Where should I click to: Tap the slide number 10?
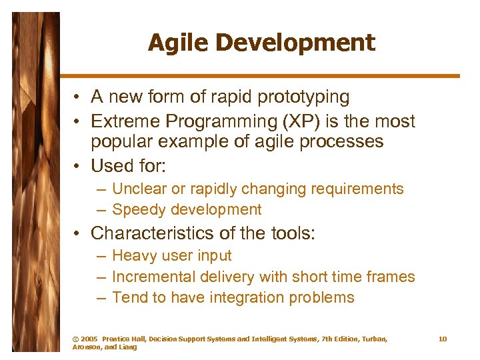click(443, 339)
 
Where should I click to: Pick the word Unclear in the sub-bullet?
click(140, 189)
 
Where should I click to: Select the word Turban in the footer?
click(371, 339)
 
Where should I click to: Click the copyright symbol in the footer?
click(75, 339)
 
